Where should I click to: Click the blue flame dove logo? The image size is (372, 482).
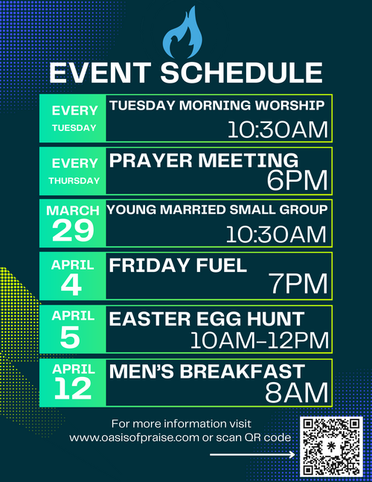pos(182,34)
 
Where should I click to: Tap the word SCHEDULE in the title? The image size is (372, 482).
pos(242,73)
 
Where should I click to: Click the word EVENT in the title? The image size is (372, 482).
pos(100,73)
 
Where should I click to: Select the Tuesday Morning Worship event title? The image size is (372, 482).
pos(217,106)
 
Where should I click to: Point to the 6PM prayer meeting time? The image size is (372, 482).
pos(297,180)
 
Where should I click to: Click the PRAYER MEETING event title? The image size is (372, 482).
pos(204,160)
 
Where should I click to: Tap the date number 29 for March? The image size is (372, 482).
pos(73,230)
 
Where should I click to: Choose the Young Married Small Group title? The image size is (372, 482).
pos(217,209)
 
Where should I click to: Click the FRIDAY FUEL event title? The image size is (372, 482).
pos(178,265)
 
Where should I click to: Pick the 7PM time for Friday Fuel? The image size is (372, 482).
pos(298,284)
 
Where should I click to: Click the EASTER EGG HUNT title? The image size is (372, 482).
pos(207,318)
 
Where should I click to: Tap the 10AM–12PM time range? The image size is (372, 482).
pos(260,340)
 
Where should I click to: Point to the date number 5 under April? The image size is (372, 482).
pos(70,337)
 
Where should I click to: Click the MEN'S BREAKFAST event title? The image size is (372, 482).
pos(207,371)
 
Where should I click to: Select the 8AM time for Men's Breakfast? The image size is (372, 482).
pos(297,393)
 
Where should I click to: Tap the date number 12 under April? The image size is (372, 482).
pos(73,389)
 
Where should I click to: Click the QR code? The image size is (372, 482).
pos(331,447)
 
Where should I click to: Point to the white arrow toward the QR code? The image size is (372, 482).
pos(253,454)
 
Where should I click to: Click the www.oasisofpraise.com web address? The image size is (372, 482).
pos(134,438)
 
